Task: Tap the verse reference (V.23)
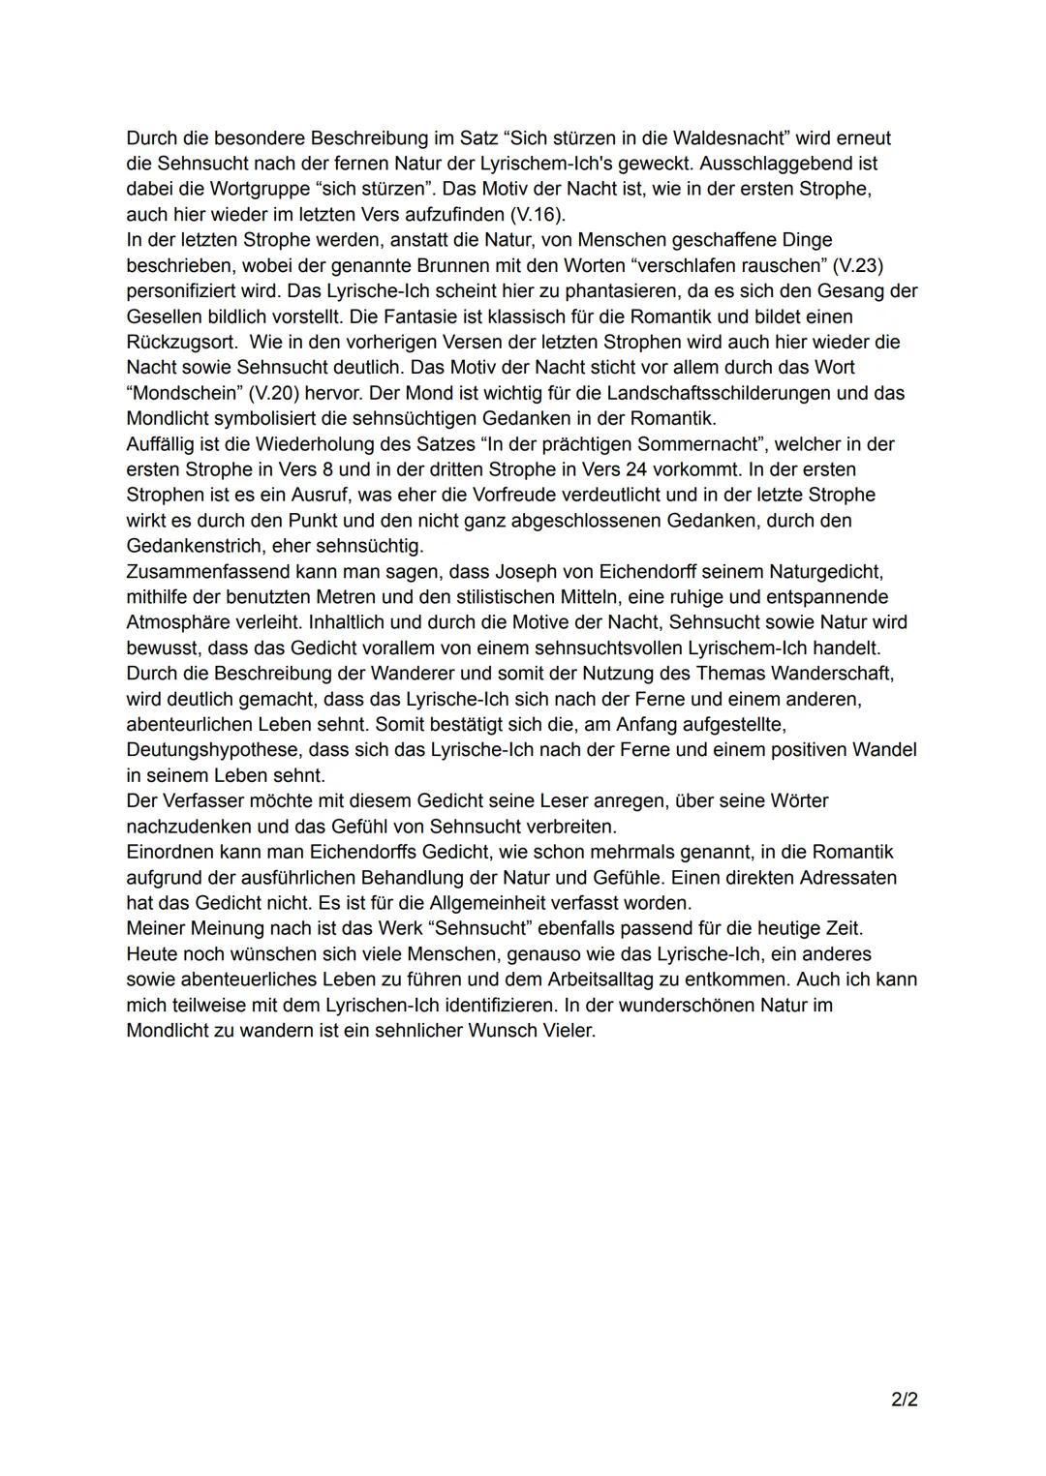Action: [858, 265]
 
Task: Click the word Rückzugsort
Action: [180, 342]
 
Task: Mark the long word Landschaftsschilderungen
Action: [721, 393]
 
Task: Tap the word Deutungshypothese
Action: [212, 750]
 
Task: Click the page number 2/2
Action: [905, 1400]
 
